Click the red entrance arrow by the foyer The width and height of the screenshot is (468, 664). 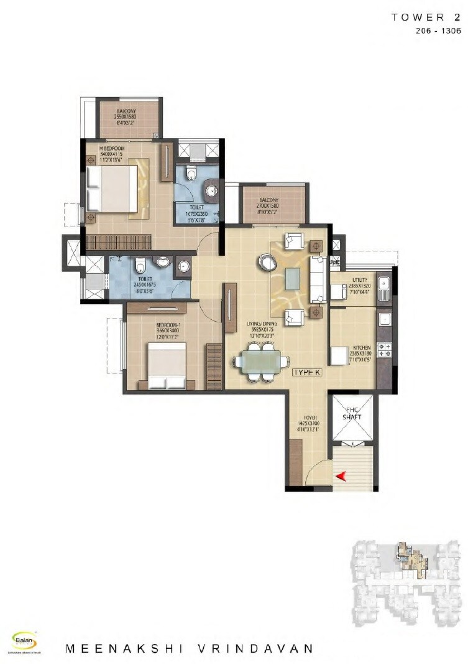pyautogui.click(x=341, y=477)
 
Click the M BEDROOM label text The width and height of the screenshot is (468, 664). pyautogui.click(x=113, y=149)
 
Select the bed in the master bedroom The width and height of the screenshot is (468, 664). pyautogui.click(x=111, y=189)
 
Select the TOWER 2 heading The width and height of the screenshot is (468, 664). pyautogui.click(x=426, y=17)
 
